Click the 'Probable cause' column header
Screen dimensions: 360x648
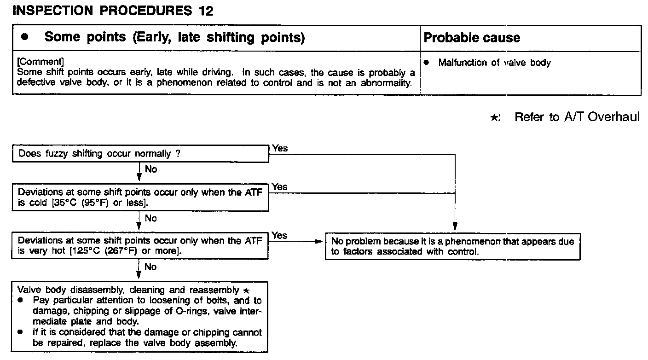click(x=472, y=38)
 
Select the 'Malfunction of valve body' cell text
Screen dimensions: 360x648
click(x=494, y=63)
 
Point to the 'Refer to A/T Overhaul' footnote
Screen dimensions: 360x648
click(x=577, y=117)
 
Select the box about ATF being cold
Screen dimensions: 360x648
click(x=140, y=197)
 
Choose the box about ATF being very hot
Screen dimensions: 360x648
click(x=140, y=245)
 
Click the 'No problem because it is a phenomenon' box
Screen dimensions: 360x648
click(x=452, y=247)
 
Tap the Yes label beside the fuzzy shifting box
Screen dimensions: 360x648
click(x=279, y=148)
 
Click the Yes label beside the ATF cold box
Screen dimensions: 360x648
click(x=279, y=187)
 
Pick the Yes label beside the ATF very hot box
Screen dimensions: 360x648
click(x=279, y=235)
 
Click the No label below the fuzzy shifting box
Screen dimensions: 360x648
click(x=150, y=169)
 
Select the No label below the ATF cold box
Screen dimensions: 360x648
click(x=150, y=218)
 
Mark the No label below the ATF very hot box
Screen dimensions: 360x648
click(x=150, y=267)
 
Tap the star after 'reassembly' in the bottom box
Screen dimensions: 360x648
click(x=246, y=290)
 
